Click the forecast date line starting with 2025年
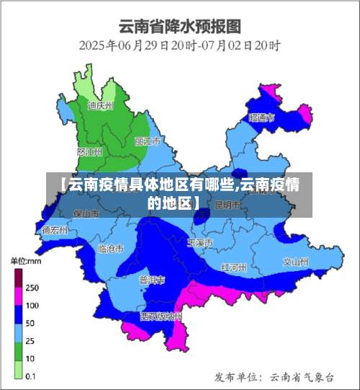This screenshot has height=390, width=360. [179, 45]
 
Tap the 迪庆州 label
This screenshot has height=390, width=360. [101, 105]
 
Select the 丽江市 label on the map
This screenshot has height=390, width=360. [147, 141]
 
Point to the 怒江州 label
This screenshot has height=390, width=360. [89, 152]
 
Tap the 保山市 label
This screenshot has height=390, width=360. [86, 214]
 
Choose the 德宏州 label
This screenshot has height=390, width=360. [55, 231]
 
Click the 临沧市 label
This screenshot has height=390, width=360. [110, 248]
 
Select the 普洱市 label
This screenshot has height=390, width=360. [152, 279]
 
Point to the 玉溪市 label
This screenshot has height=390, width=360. [199, 243]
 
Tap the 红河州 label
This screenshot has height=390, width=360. [234, 267]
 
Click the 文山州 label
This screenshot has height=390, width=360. [295, 261]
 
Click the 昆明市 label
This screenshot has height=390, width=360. [229, 205]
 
